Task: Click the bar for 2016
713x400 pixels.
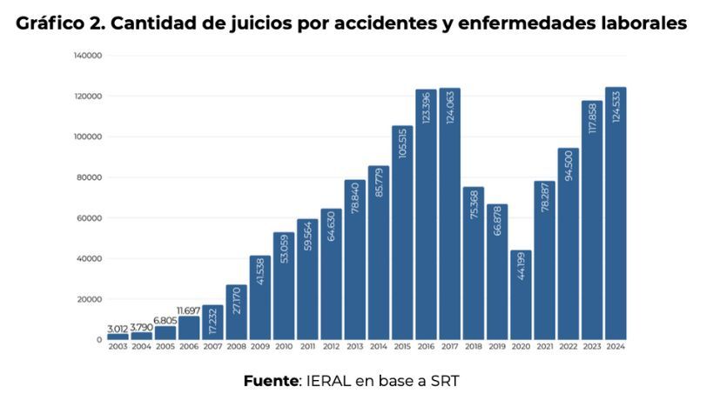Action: [426, 217]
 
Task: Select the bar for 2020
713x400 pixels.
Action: [521, 296]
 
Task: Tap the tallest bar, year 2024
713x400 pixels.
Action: [615, 217]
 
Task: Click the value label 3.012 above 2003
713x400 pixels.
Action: [118, 328]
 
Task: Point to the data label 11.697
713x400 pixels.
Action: [189, 310]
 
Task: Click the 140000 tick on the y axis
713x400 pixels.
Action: [89, 56]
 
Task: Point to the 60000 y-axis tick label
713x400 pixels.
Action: [91, 218]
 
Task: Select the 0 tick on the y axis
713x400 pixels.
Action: [99, 340]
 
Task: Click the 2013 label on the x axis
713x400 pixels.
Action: [354, 347]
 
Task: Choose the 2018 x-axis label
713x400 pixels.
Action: [473, 347]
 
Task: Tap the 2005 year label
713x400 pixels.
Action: [165, 347]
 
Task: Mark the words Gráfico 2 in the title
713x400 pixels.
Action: [58, 23]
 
